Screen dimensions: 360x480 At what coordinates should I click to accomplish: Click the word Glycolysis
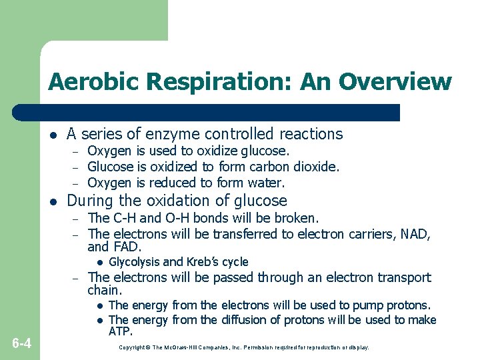pos(134,262)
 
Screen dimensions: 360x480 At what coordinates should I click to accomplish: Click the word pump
pos(373,305)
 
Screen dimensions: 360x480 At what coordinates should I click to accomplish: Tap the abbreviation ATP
pos(120,331)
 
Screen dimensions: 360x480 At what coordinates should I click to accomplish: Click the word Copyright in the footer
pos(131,348)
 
